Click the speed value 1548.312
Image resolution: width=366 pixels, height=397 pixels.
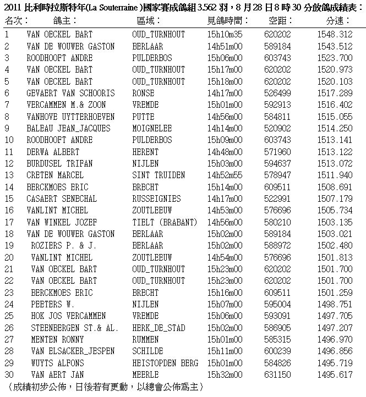(x=335, y=35)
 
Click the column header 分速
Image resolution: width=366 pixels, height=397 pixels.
(x=337, y=21)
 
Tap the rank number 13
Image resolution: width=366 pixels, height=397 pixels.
(x=9, y=175)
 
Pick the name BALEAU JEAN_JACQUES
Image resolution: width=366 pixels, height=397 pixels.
(x=68, y=129)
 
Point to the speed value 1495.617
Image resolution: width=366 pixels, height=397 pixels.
(x=335, y=375)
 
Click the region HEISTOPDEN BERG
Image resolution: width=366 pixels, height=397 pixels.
(x=165, y=363)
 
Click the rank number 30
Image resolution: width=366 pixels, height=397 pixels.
(x=9, y=375)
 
